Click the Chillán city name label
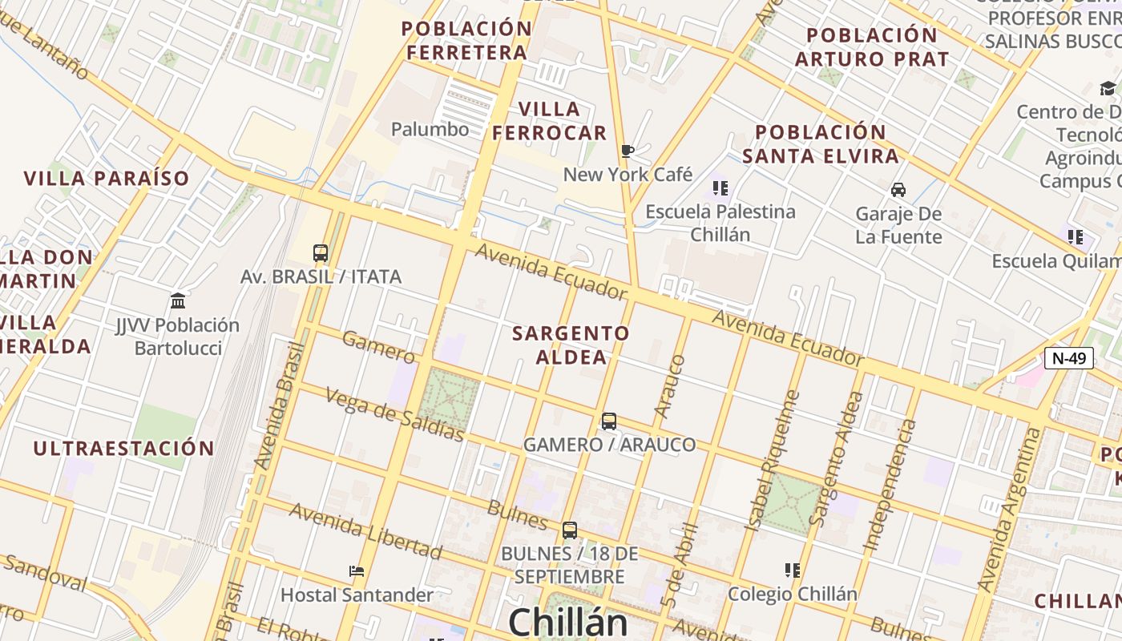tap(567, 621)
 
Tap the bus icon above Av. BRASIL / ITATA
tap(321, 253)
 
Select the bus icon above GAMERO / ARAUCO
tap(609, 421)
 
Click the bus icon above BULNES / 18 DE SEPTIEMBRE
tap(570, 530)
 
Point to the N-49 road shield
tap(1069, 358)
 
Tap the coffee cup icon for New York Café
tap(628, 151)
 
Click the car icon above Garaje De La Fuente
tap(898, 190)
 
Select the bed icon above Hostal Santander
tap(357, 571)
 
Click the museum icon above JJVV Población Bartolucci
tap(178, 301)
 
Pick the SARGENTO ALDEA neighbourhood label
tap(571, 345)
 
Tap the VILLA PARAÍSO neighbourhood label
tap(107, 179)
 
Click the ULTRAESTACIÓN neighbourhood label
tap(123, 449)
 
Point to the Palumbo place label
tap(430, 129)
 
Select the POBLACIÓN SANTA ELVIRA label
tap(821, 143)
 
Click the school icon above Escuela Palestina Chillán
tap(720, 188)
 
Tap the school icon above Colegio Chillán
tap(793, 570)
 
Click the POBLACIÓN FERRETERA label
tap(466, 40)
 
